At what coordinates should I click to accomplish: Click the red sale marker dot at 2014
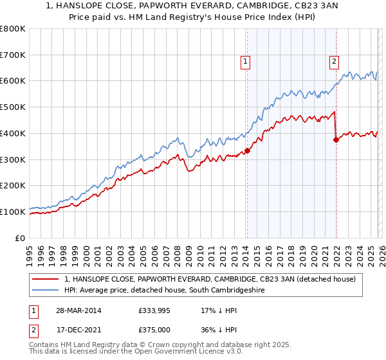point(247,151)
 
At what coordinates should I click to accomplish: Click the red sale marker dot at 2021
point(336,140)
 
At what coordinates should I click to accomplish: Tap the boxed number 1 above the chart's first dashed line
point(246,62)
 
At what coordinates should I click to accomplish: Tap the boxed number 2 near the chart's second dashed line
point(335,62)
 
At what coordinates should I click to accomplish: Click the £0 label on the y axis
point(21,238)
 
